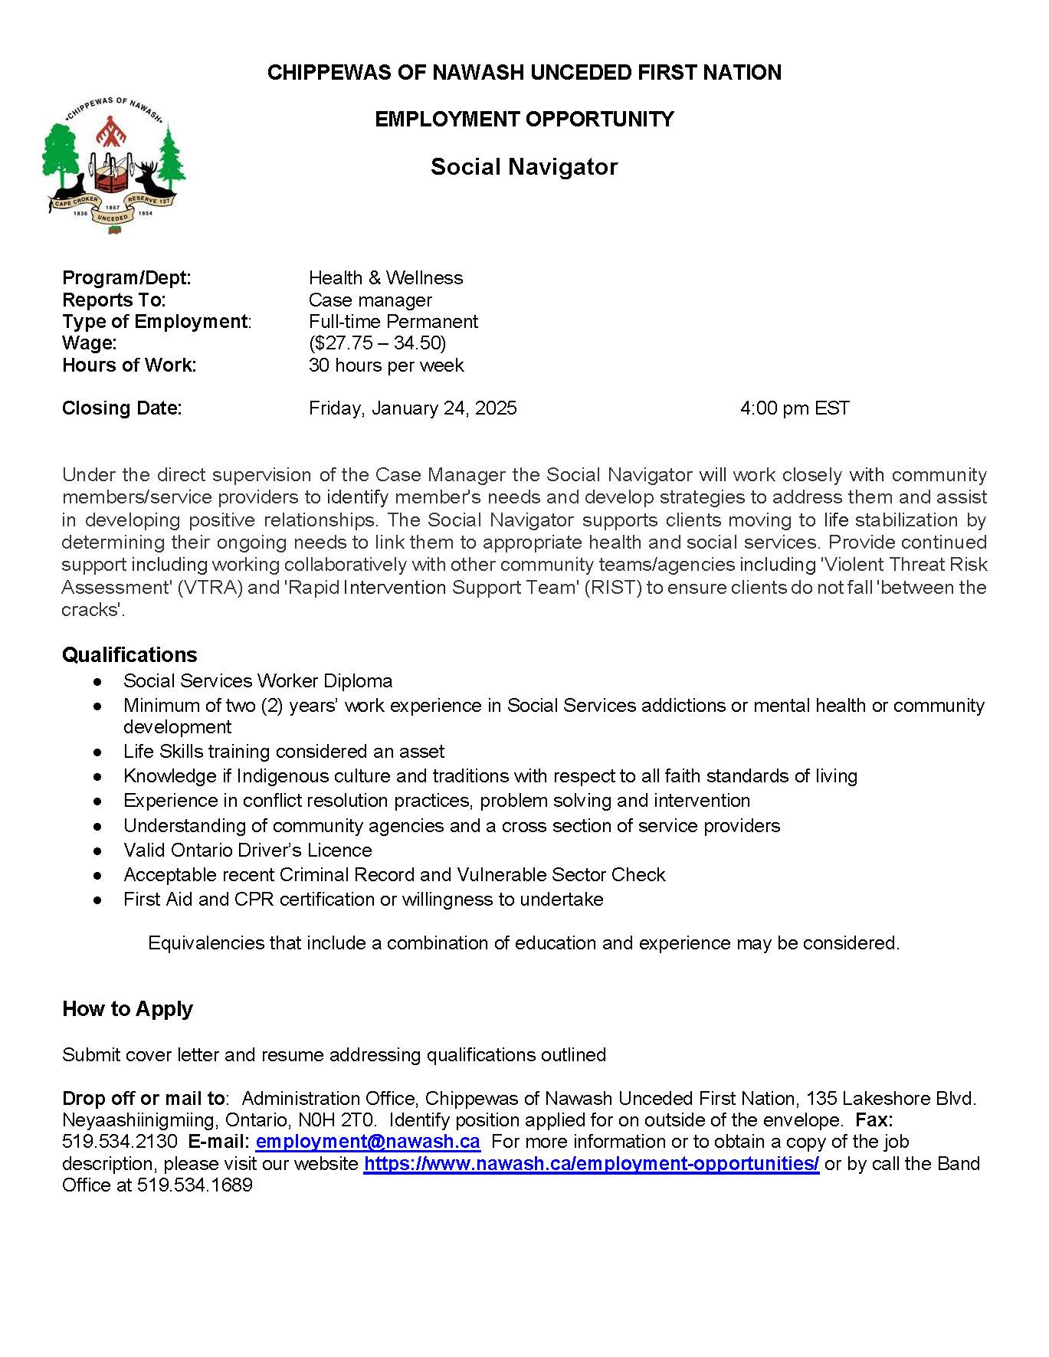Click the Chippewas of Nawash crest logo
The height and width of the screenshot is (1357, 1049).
[x=113, y=166]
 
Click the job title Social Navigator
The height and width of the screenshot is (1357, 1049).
[x=524, y=167]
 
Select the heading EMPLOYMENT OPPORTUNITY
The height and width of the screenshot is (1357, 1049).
[x=524, y=120]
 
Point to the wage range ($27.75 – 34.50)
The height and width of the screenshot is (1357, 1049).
[x=377, y=343]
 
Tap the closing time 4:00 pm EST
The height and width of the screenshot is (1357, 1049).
[x=795, y=408]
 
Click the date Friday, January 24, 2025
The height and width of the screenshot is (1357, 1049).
[x=412, y=408]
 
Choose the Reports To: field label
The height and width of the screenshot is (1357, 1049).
[x=114, y=300]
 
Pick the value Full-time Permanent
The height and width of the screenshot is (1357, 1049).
[x=393, y=322]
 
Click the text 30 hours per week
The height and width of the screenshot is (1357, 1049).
[x=386, y=365]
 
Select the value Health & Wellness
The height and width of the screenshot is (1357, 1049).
[x=385, y=278]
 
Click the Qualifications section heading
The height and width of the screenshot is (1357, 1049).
[x=129, y=655]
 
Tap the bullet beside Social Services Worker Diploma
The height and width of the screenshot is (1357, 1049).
[x=97, y=681]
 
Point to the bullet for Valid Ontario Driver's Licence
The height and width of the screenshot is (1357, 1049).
[x=97, y=851]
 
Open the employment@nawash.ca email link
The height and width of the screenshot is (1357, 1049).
[x=368, y=1142]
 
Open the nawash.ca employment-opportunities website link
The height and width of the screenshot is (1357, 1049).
[x=592, y=1164]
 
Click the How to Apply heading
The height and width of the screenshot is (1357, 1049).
[x=127, y=1009]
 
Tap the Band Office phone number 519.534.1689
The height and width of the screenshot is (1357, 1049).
[x=195, y=1185]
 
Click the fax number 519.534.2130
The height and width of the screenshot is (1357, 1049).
[x=120, y=1142]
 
